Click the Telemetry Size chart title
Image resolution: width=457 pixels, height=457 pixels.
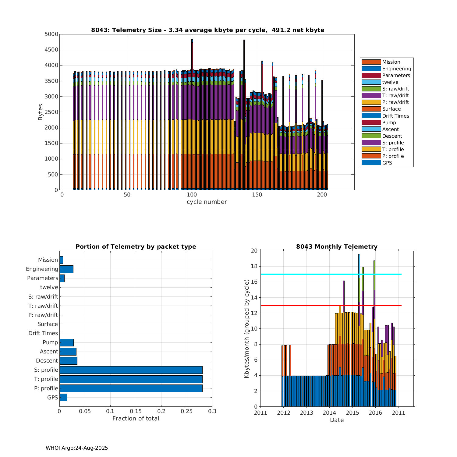207,30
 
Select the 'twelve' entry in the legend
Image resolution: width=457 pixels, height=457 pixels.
390,82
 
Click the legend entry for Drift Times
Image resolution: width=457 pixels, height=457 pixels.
395,116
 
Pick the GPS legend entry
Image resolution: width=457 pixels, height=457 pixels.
387,163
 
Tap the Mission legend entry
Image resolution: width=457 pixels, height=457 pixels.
391,62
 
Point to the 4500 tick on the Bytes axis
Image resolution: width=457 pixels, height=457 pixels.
51,50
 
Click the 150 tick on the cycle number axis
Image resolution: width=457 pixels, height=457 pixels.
257,195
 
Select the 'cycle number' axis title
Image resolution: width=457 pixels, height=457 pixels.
207,202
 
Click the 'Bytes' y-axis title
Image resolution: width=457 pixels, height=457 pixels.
41,112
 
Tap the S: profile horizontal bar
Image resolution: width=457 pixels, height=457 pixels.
131,370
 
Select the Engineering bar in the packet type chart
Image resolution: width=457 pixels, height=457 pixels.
66,269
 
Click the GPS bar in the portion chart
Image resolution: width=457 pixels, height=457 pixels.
63,397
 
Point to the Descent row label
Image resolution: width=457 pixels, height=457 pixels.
47,361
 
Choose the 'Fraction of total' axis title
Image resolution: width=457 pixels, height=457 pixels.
136,419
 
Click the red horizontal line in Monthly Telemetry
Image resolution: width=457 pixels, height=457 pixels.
305,305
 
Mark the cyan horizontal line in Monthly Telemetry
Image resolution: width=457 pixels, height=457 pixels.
305,274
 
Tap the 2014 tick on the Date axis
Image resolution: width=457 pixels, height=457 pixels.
329,413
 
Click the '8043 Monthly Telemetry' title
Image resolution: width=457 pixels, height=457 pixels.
337,247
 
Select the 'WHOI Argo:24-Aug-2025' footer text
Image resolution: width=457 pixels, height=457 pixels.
77,448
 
